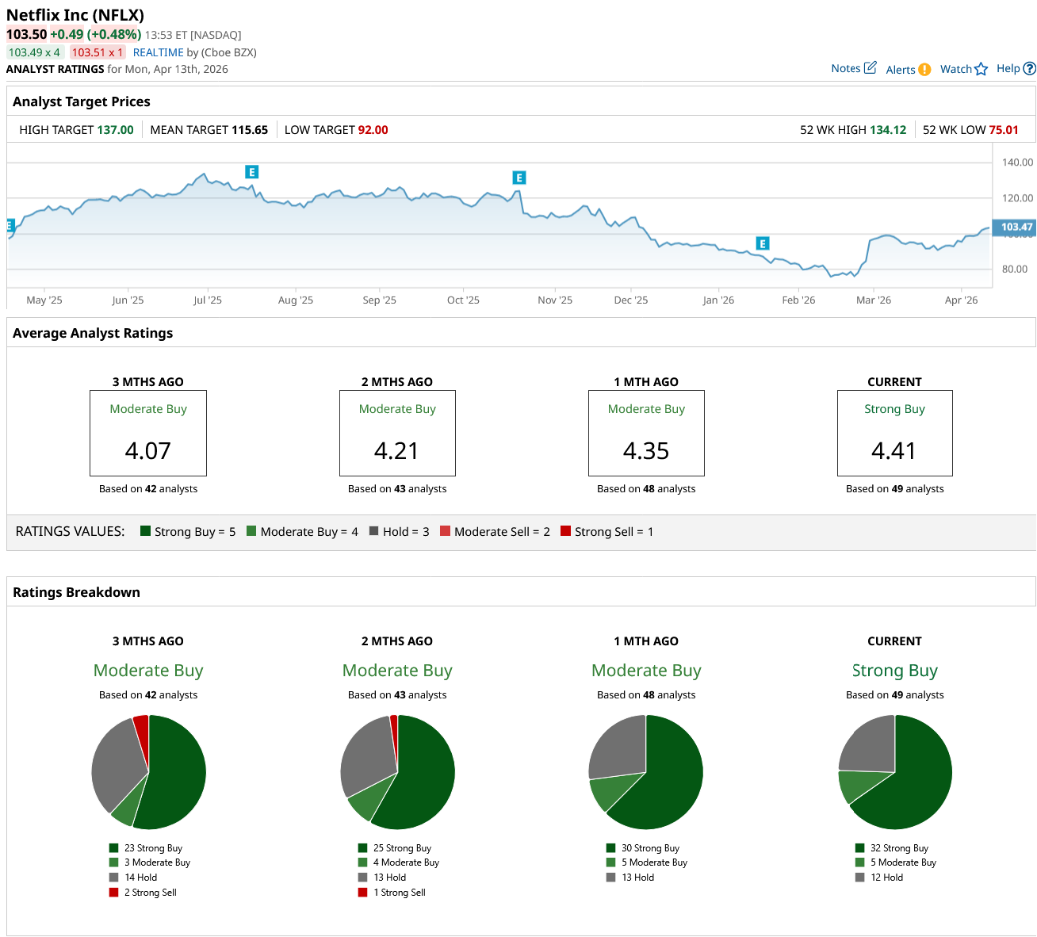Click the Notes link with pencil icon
(x=853, y=68)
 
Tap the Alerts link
(x=908, y=70)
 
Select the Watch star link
(x=963, y=69)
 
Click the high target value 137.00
(x=116, y=130)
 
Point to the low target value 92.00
(x=373, y=130)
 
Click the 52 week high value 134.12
(x=888, y=130)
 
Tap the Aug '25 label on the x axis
(x=296, y=300)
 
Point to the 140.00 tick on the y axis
(x=1017, y=163)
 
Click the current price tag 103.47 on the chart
(x=1016, y=227)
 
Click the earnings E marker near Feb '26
(x=763, y=243)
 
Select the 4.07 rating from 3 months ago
(x=148, y=451)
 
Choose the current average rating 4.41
(x=894, y=451)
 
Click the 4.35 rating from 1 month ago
(x=646, y=451)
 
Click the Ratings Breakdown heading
(x=76, y=592)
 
